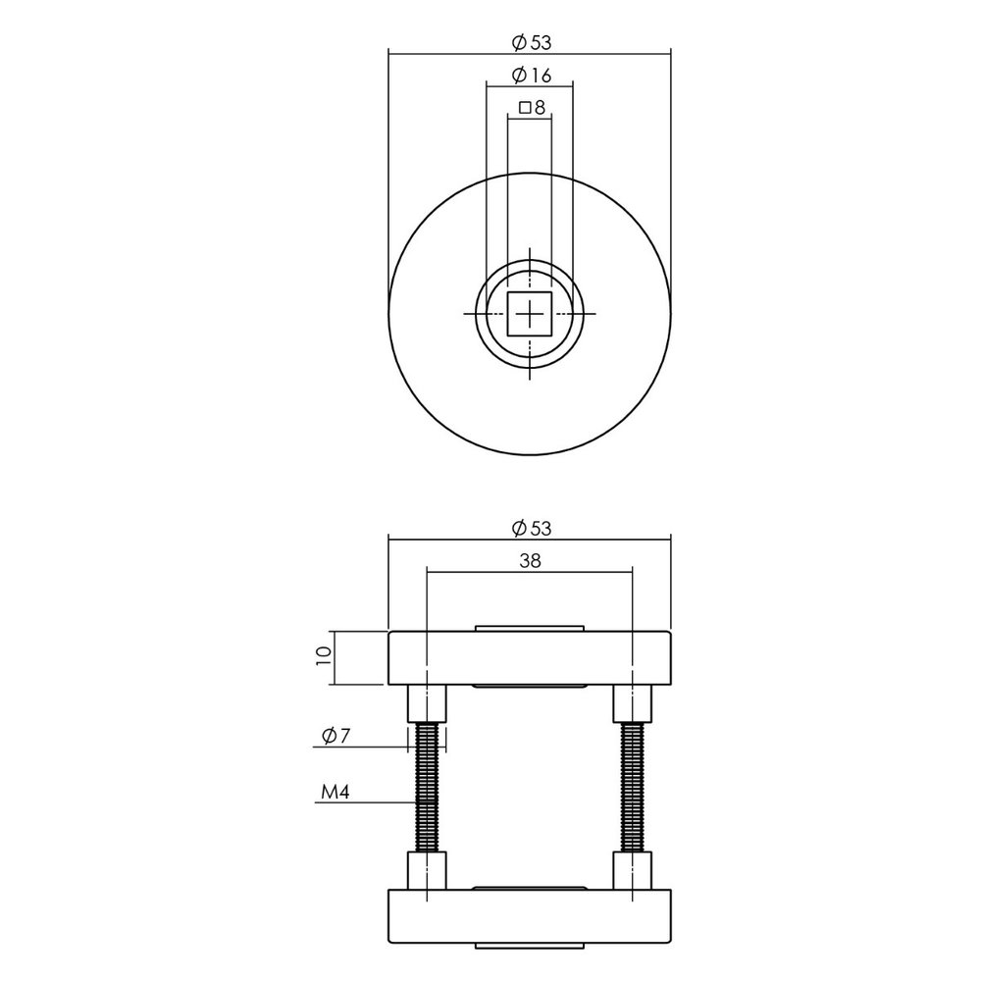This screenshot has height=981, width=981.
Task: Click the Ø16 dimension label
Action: point(531,76)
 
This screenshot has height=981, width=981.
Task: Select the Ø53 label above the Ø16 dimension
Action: point(531,42)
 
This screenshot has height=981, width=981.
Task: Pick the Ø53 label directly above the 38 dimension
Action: point(531,529)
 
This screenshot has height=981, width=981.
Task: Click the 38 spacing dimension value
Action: point(531,561)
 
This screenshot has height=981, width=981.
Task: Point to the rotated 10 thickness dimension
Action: point(323,657)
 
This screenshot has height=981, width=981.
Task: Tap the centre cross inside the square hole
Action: point(530,314)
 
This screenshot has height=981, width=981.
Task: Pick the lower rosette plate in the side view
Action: point(530,919)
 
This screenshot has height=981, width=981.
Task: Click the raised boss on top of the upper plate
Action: point(530,627)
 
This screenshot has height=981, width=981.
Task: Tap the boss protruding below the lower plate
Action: point(530,947)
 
